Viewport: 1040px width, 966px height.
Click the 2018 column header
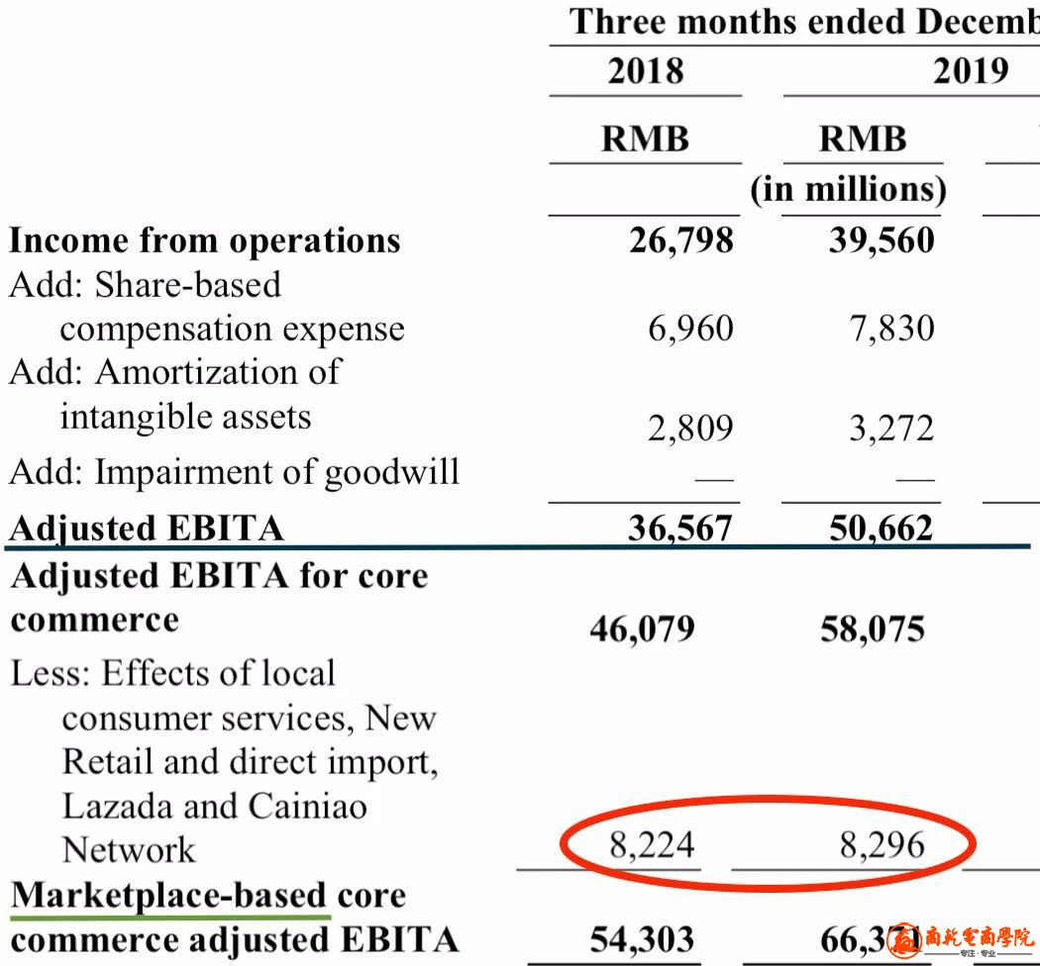646,71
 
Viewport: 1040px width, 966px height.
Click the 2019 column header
970,71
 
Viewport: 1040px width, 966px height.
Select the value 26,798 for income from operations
681,241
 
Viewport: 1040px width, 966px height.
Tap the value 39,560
882,241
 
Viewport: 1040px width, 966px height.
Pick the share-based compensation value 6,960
691,329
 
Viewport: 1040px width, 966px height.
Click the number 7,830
891,329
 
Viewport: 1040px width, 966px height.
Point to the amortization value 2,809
691,429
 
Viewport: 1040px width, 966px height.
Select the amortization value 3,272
891,429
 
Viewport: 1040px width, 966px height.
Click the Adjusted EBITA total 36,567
680,529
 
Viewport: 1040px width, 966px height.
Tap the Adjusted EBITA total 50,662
881,529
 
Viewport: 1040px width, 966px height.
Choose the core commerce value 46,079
642,628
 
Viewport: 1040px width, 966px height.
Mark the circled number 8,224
652,845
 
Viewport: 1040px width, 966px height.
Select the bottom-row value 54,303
642,939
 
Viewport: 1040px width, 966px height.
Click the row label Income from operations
205,241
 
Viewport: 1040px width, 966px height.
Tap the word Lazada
120,806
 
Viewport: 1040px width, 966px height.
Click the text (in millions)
848,188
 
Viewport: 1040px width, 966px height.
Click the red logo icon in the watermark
904,938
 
